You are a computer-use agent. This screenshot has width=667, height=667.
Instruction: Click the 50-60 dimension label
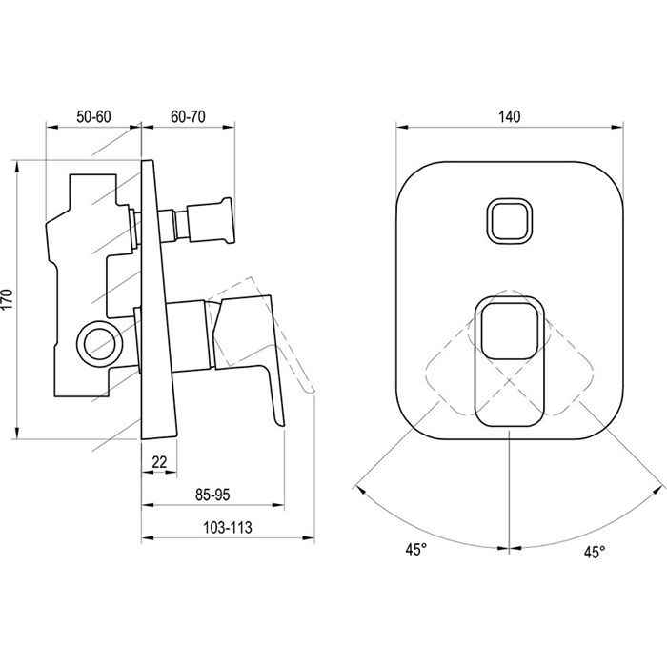click(93, 116)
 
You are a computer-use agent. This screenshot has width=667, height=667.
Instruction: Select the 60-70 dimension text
click(188, 116)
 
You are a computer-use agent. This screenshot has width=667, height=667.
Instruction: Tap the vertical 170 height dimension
click(8, 299)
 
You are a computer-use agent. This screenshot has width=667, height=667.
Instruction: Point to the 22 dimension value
click(159, 461)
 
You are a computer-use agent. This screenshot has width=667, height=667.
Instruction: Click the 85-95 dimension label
click(212, 495)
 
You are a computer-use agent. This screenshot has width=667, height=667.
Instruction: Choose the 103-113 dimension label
click(228, 528)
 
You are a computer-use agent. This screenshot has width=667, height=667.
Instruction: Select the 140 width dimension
click(509, 116)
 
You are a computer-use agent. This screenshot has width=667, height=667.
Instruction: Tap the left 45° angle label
click(415, 549)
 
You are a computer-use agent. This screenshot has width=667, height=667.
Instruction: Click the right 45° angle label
click(595, 552)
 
